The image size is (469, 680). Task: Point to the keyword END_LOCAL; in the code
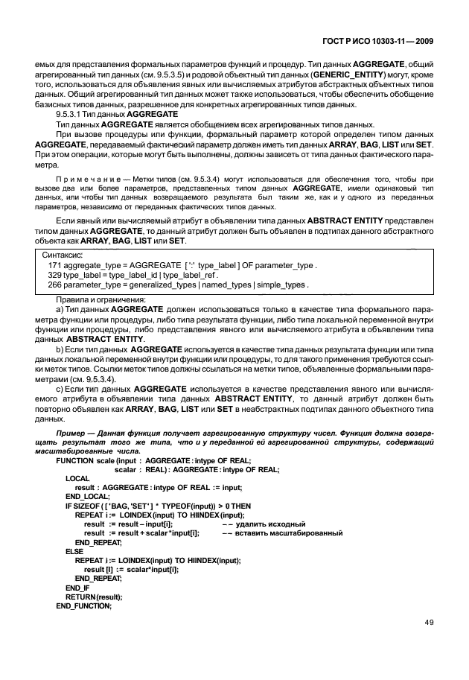click(x=89, y=495)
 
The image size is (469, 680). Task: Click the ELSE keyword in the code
click(x=74, y=551)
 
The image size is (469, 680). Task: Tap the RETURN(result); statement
click(x=94, y=597)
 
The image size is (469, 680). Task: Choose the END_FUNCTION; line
click(x=83, y=607)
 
